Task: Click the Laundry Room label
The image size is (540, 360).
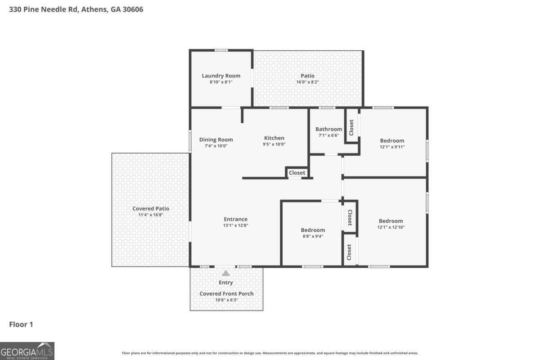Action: (220, 76)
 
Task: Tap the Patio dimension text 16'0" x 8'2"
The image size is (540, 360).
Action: (307, 82)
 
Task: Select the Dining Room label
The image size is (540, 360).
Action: (216, 139)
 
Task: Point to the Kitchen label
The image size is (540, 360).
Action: (274, 138)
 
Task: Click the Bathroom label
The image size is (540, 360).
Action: (328, 129)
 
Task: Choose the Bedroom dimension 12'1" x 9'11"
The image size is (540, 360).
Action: (392, 147)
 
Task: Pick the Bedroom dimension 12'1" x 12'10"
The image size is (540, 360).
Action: (391, 227)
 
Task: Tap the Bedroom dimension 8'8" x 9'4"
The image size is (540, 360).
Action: (313, 236)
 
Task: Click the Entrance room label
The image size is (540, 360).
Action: (235, 219)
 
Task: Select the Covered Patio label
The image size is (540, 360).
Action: (151, 208)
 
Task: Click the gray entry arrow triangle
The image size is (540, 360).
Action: (226, 273)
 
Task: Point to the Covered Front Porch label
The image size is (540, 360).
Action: (226, 293)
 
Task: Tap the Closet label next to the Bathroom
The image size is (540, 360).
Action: (351, 127)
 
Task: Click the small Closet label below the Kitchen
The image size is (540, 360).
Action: (297, 173)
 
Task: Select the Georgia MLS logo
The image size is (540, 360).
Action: (27, 351)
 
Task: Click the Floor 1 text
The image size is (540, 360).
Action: (21, 324)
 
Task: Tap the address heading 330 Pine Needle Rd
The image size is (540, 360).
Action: (76, 9)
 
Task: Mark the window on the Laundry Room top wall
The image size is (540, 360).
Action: (221, 50)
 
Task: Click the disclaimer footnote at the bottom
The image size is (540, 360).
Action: (270, 353)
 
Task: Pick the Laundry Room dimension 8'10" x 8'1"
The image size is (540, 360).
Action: (220, 82)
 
